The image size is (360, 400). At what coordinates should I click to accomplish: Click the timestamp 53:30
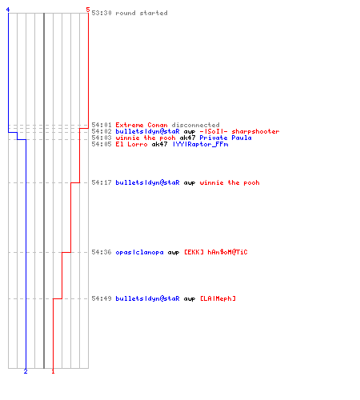(102, 13)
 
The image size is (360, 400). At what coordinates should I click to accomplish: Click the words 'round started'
(142, 13)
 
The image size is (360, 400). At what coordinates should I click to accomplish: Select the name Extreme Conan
(142, 125)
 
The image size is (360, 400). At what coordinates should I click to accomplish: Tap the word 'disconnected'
(195, 125)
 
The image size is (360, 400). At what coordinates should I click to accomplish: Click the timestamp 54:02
(102, 131)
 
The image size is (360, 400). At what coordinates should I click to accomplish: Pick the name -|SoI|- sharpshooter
(239, 131)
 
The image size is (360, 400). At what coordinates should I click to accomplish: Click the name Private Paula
(226, 138)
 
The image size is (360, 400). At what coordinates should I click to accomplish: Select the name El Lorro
(131, 144)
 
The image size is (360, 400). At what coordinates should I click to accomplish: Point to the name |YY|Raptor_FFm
(201, 144)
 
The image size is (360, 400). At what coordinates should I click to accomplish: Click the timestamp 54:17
(102, 182)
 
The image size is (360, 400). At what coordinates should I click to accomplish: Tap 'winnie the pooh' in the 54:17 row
(230, 182)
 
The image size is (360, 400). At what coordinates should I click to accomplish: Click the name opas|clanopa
(139, 252)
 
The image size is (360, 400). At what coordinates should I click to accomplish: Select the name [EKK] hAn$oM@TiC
(216, 252)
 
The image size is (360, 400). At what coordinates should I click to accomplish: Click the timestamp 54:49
(102, 298)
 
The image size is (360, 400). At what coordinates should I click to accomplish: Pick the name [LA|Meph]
(218, 298)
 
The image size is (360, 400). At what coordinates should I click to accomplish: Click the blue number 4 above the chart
(8, 10)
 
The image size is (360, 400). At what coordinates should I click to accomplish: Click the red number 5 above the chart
(88, 10)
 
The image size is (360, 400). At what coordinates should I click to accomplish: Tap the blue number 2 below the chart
(26, 371)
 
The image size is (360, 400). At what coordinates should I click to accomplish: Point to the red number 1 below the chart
(53, 371)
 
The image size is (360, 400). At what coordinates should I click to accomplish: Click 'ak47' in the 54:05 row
(159, 144)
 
